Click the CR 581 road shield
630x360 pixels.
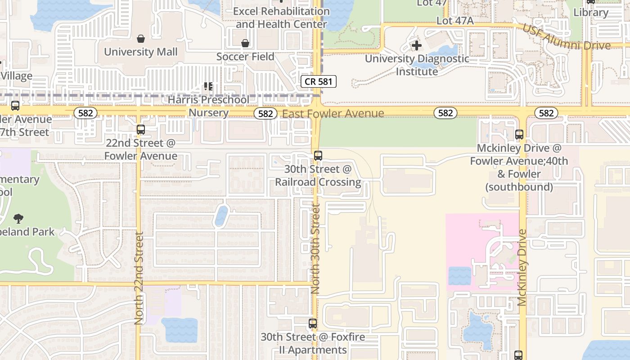click(x=319, y=81)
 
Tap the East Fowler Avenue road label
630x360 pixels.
click(x=333, y=113)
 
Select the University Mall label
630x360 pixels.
click(x=141, y=52)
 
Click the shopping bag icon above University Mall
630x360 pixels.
click(x=141, y=39)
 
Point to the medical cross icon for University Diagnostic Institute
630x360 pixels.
click(x=417, y=45)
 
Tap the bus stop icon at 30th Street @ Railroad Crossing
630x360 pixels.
click(x=318, y=156)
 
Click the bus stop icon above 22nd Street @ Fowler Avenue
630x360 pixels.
click(x=141, y=130)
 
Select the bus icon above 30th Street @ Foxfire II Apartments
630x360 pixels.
click(x=313, y=323)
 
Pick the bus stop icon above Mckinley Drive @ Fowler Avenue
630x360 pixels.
click(x=519, y=134)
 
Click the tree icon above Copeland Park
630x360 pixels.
click(x=18, y=219)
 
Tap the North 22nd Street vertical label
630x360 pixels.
click(x=139, y=278)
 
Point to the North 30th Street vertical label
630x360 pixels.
click(x=315, y=249)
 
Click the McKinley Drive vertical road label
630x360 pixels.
click(x=522, y=268)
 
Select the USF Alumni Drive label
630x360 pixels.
click(x=566, y=37)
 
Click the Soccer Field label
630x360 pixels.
click(x=245, y=57)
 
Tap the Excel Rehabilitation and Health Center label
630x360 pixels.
click(x=281, y=18)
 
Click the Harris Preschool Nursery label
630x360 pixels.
click(x=208, y=106)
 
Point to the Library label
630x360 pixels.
click(x=591, y=12)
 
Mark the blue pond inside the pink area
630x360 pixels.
click(x=459, y=276)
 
